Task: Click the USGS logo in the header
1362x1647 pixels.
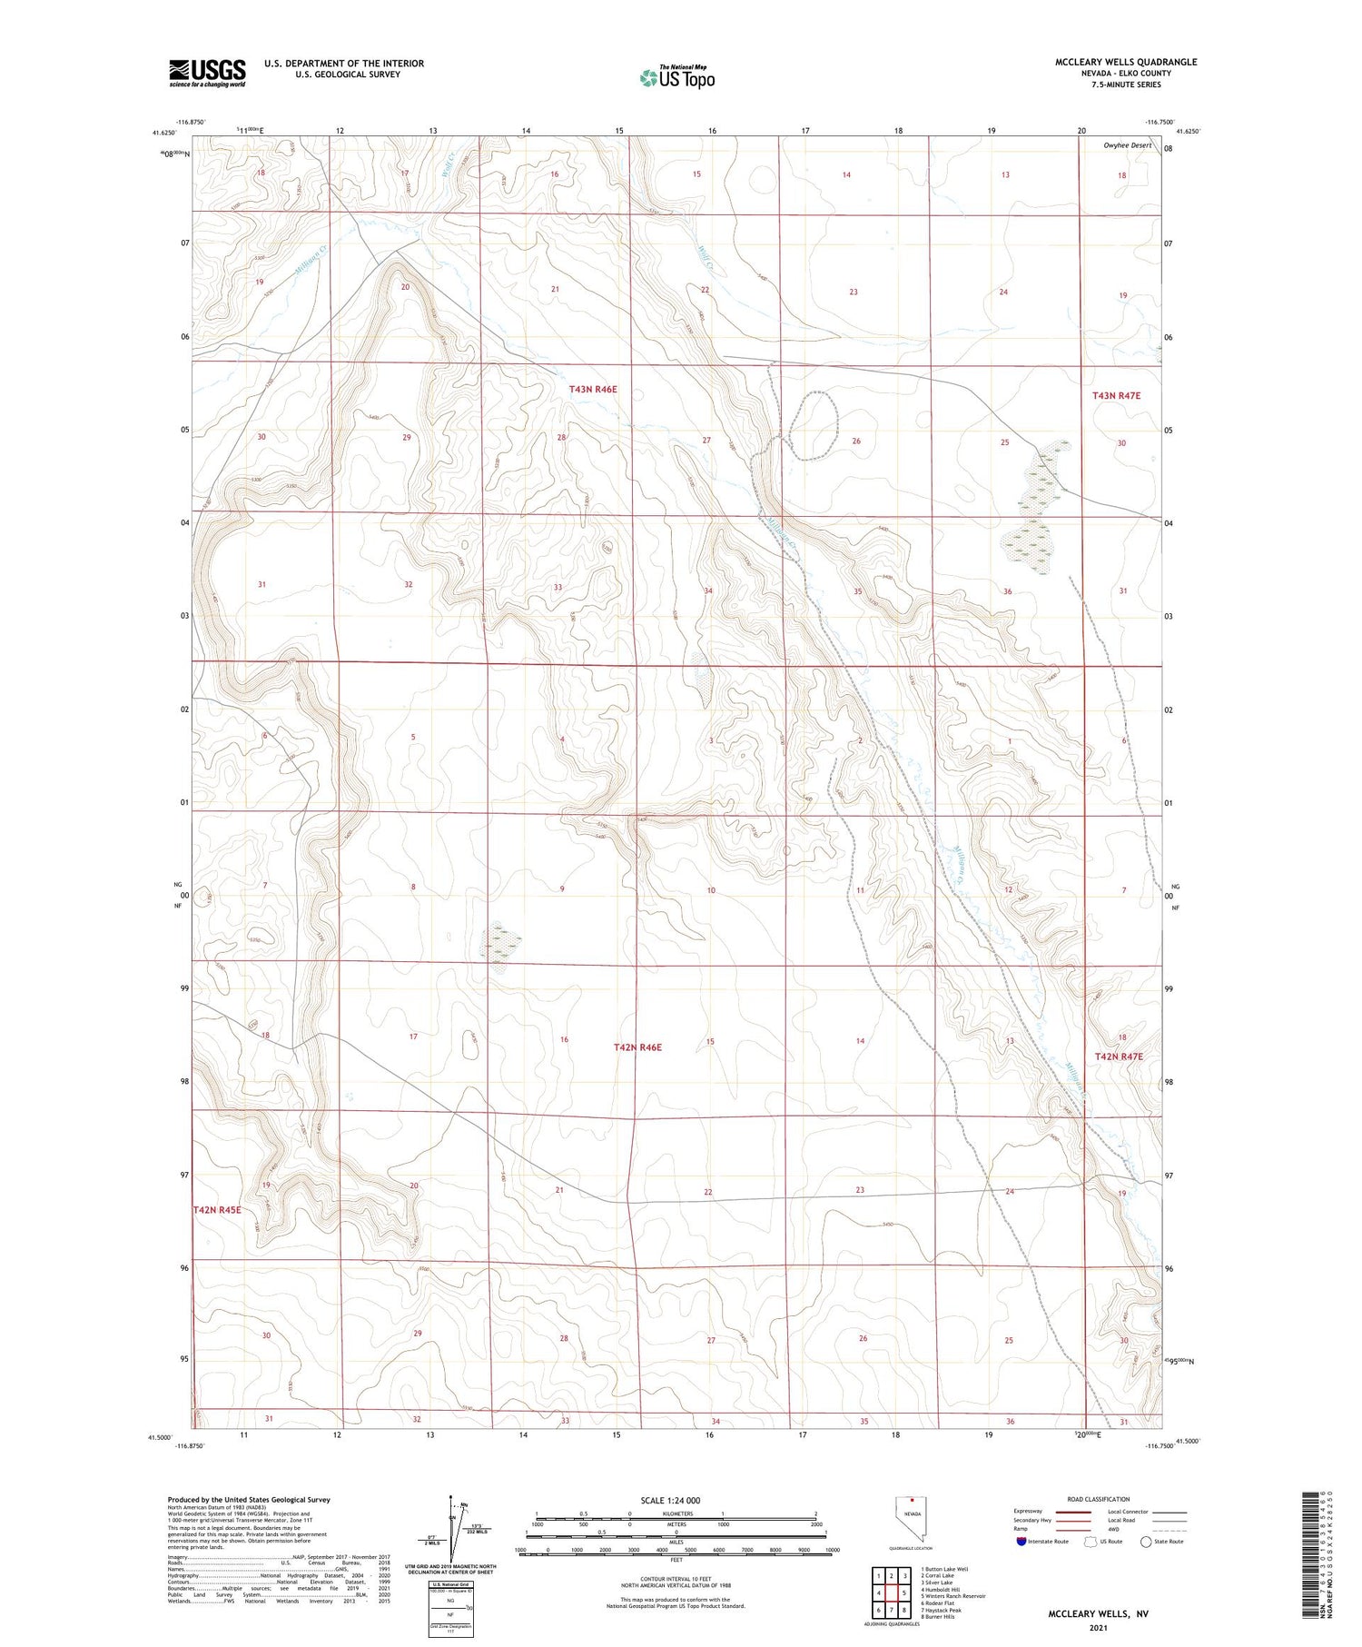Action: pyautogui.click(x=207, y=73)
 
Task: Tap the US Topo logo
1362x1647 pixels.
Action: pyautogui.click(x=676, y=78)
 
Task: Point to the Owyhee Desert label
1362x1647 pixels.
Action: pyautogui.click(x=1127, y=145)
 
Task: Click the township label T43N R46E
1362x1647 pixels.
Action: pyautogui.click(x=593, y=389)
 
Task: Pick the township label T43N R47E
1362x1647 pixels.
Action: pyautogui.click(x=1116, y=395)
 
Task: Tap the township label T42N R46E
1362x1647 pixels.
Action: pyautogui.click(x=637, y=1047)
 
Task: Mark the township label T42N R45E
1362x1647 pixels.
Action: pyautogui.click(x=217, y=1210)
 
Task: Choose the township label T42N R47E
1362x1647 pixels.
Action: pyautogui.click(x=1118, y=1057)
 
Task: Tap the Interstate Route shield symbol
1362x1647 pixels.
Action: pyautogui.click(x=1022, y=1541)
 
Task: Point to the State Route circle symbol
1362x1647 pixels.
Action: pyautogui.click(x=1147, y=1541)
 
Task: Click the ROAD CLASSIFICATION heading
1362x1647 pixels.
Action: pyautogui.click(x=1098, y=1499)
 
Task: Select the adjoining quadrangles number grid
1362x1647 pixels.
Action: pyautogui.click(x=892, y=1592)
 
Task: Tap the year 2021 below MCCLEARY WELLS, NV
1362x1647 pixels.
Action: pyautogui.click(x=1098, y=1627)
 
